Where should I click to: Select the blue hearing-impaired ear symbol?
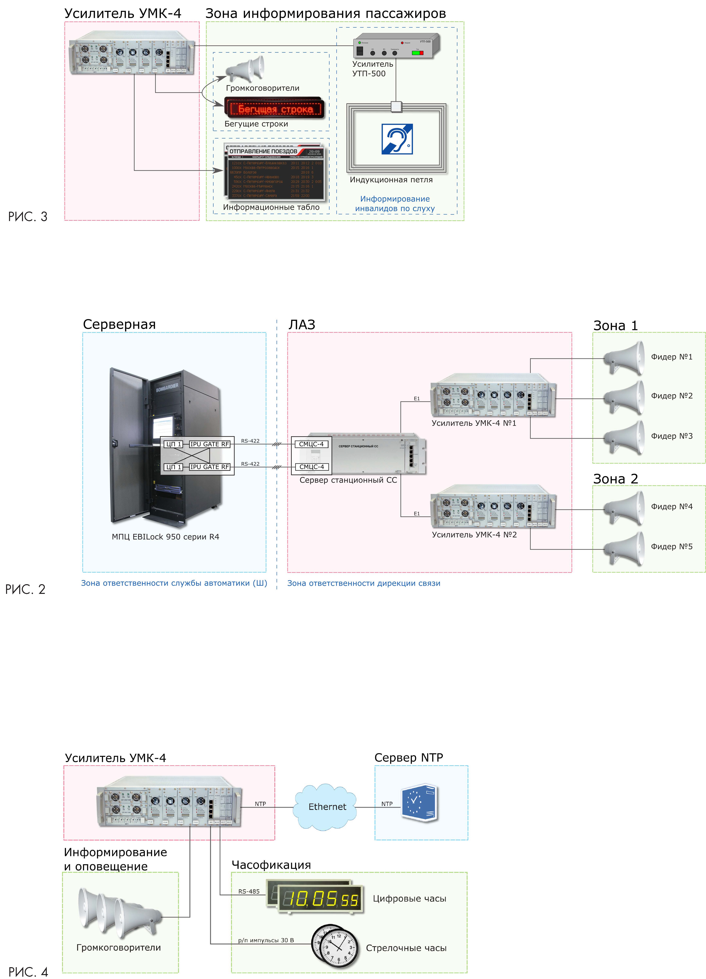397,139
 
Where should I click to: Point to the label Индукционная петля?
391,180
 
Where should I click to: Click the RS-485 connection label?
249,891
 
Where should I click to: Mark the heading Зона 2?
615,479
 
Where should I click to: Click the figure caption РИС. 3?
28,217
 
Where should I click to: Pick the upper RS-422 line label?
250,441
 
